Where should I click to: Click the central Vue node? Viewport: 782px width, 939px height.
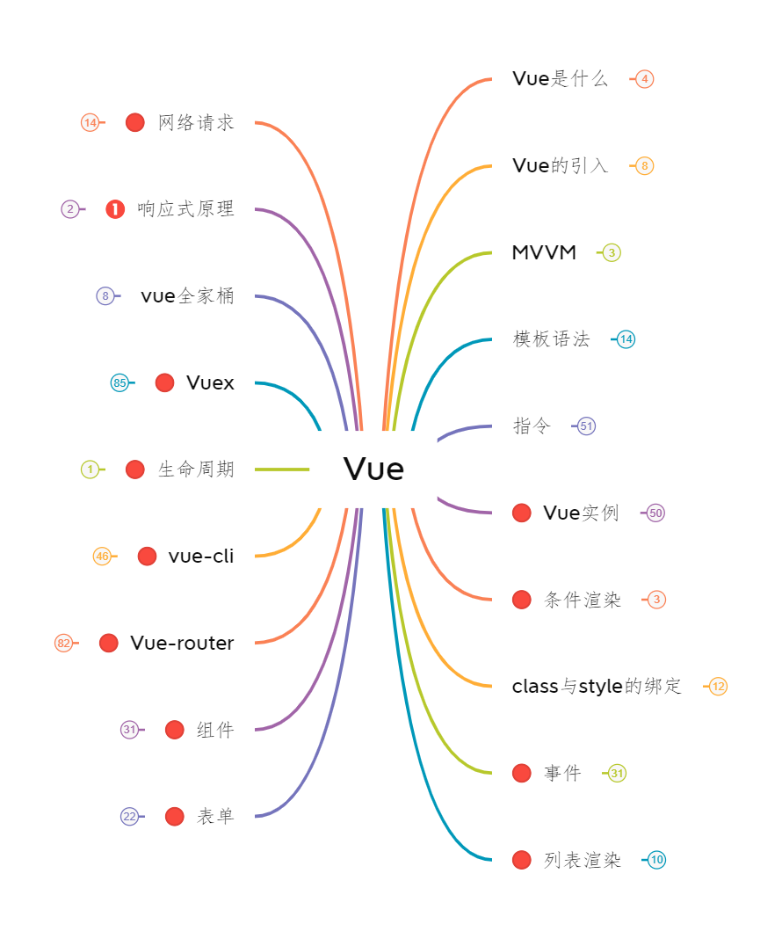click(x=373, y=469)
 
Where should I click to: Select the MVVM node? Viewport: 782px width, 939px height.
click(x=544, y=252)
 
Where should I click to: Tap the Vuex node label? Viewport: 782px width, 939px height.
click(x=210, y=382)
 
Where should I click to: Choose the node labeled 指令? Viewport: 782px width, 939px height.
click(x=532, y=426)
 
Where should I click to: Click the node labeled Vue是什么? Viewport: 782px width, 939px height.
click(x=560, y=79)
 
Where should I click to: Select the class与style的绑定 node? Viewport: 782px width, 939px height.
click(x=597, y=686)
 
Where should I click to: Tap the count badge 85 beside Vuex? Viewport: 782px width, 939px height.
click(x=119, y=382)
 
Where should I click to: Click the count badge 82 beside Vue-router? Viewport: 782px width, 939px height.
click(x=63, y=644)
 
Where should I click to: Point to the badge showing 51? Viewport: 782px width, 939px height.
click(x=586, y=426)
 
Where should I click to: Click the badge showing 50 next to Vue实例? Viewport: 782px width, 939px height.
click(x=655, y=513)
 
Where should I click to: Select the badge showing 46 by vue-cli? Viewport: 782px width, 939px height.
click(x=102, y=557)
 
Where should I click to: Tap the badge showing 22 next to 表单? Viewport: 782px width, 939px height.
click(x=129, y=817)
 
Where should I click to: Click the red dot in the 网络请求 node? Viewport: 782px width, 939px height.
click(x=134, y=122)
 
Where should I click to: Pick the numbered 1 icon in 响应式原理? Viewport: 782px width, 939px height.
click(x=115, y=209)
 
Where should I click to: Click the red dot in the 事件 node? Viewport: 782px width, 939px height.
click(x=521, y=773)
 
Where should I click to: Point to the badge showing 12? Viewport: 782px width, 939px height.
click(x=718, y=687)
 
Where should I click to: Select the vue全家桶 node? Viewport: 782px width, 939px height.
click(x=187, y=296)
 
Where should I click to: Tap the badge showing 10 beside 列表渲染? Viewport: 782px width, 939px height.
click(x=656, y=860)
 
